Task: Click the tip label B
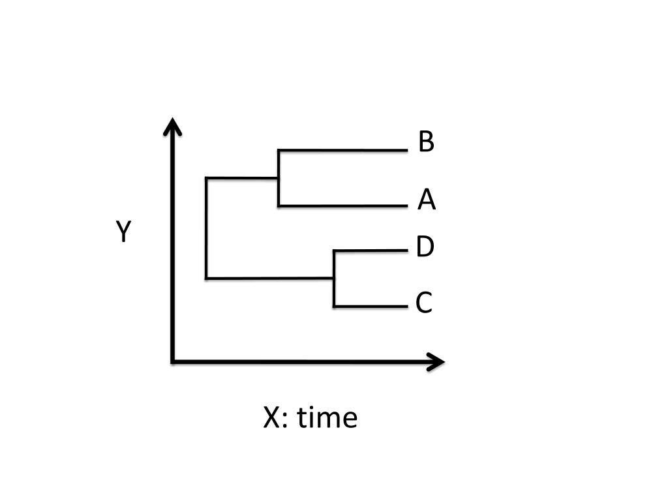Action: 426,142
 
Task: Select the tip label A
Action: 427,200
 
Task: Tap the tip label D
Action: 425,247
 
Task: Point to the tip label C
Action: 424,303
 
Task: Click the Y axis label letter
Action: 124,232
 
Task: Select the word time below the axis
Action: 327,417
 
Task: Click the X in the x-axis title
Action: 271,417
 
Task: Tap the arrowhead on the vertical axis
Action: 172,126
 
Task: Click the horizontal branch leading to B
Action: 342,150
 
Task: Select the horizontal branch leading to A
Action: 342,206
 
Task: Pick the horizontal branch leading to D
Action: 370,250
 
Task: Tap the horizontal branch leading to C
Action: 370,306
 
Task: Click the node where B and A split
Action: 279,177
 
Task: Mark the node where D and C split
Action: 334,279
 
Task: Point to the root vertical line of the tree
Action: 206,228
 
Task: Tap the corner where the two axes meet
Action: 172,361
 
